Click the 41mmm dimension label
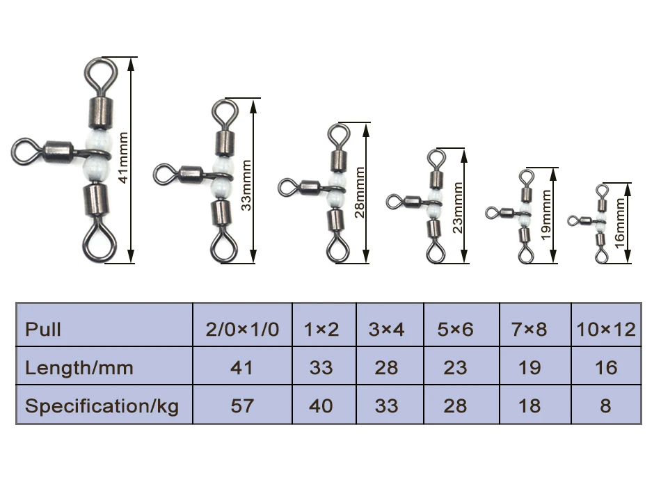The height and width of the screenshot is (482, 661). (124, 160)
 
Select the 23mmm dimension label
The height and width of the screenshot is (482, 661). (456, 206)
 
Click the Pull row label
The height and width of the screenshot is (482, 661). (43, 329)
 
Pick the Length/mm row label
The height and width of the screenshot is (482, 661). (79, 367)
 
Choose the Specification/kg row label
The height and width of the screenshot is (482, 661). (102, 405)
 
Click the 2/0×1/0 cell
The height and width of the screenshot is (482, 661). (242, 329)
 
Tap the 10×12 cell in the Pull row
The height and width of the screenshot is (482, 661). (606, 329)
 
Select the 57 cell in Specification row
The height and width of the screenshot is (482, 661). (242, 405)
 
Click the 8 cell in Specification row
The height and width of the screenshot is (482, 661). (606, 405)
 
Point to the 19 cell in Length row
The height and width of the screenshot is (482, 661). (529, 367)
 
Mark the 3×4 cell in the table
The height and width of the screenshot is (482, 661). (386, 329)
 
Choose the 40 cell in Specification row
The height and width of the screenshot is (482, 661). (321, 405)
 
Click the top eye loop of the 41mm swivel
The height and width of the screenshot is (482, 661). (97, 72)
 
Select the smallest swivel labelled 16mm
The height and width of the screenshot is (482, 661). (598, 223)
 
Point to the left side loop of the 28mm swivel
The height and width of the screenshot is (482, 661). (289, 186)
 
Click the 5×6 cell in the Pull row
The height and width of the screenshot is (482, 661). (455, 329)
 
